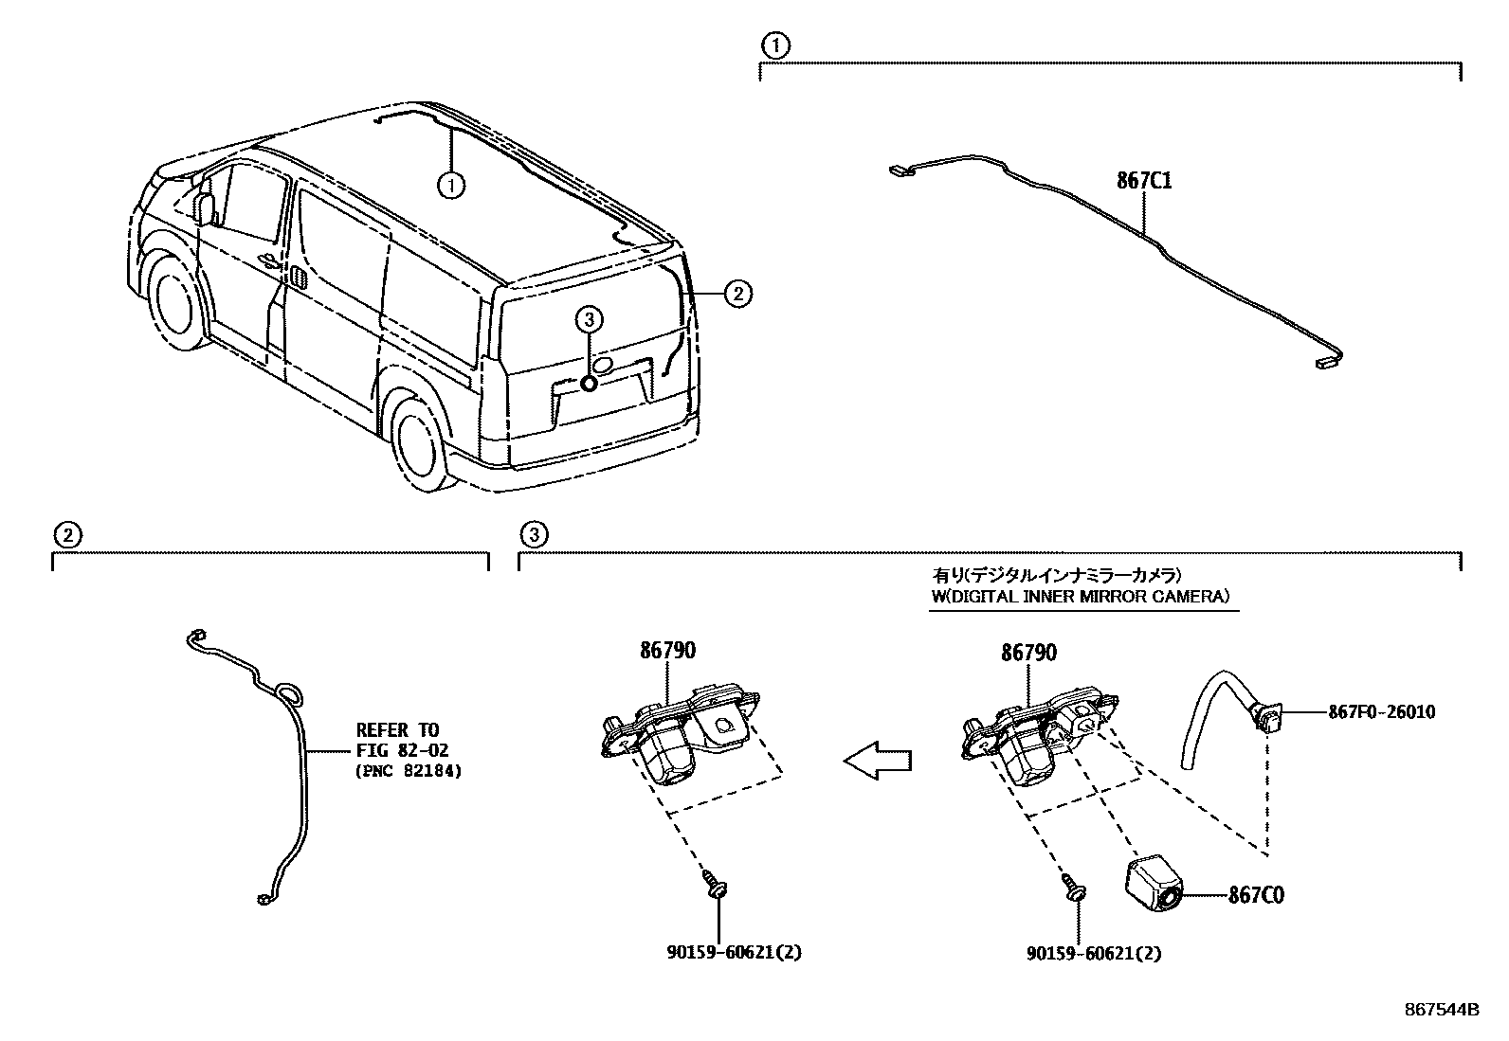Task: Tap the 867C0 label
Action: tap(1256, 894)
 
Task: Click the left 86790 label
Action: tap(667, 651)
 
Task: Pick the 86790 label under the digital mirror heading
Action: tap(1028, 652)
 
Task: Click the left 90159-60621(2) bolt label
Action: tap(728, 953)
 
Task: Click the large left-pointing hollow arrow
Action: tap(877, 760)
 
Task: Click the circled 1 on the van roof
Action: tap(452, 187)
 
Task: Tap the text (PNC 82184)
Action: tap(409, 771)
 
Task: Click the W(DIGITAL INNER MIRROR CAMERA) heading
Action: tap(1079, 596)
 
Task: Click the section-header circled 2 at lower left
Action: tap(64, 535)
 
